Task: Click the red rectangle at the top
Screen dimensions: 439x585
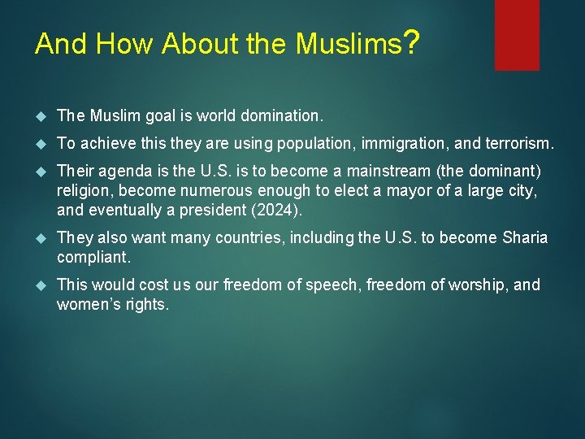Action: [517, 34]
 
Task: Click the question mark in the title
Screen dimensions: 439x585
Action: [411, 41]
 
